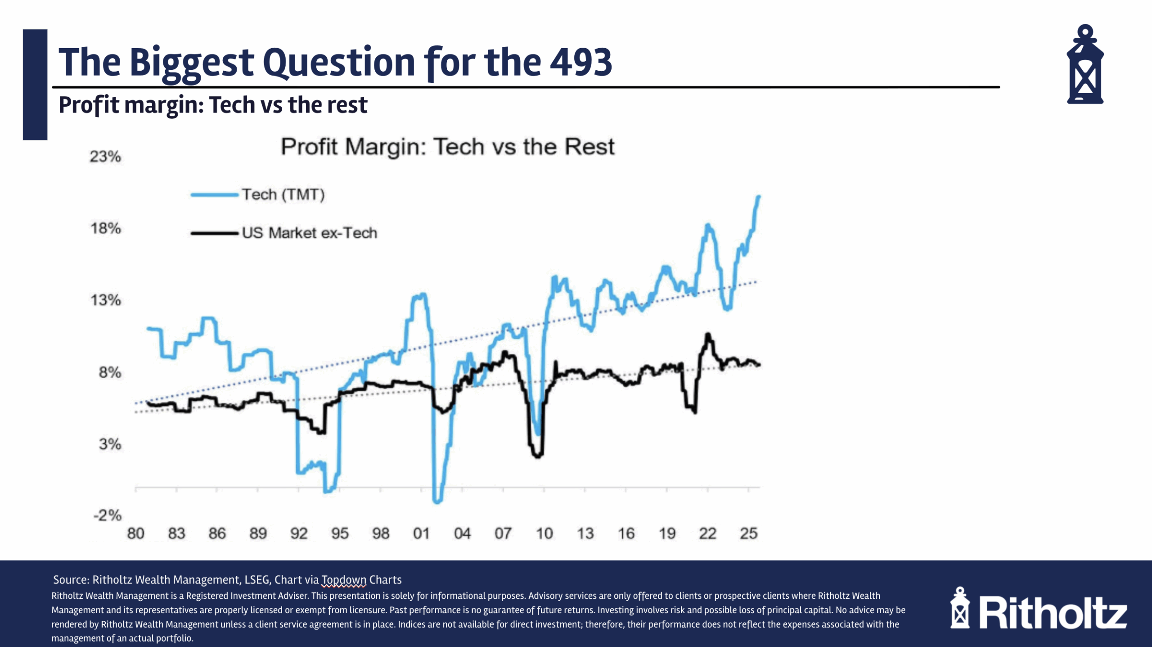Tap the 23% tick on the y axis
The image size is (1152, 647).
click(x=105, y=157)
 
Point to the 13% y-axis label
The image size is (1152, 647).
click(x=106, y=300)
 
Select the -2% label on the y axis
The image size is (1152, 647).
click(x=108, y=515)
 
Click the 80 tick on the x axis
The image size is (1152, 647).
click(x=135, y=534)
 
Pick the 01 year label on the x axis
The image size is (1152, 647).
click(x=421, y=534)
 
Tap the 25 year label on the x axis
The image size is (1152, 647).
click(x=749, y=534)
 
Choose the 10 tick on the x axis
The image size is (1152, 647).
click(x=544, y=534)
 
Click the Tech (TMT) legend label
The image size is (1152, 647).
click(x=283, y=195)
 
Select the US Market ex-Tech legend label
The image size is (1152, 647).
click(x=310, y=233)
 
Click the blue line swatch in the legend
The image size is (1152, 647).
click(x=214, y=195)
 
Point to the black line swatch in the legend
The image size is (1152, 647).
click(x=214, y=233)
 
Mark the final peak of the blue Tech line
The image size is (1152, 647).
click(x=759, y=197)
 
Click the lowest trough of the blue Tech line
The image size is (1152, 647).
click(x=437, y=501)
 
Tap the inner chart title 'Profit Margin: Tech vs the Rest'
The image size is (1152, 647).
click(x=447, y=147)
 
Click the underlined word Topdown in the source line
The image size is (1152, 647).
click(x=344, y=580)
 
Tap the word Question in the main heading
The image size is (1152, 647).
click(x=338, y=63)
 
